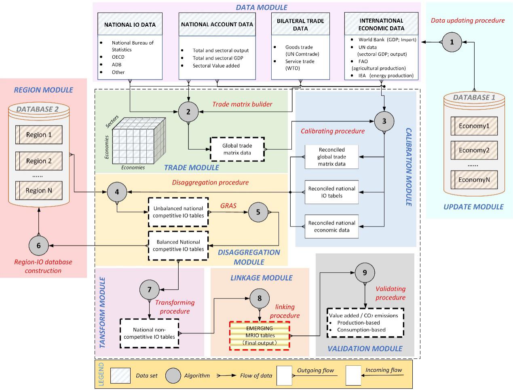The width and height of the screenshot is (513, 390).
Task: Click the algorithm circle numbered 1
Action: [452, 42]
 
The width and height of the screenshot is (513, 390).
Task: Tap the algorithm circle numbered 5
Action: [258, 212]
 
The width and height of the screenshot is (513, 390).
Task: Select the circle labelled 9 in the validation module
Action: [365, 272]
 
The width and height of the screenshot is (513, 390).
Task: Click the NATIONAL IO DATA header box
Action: [130, 24]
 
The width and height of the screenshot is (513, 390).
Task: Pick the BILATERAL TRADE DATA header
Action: [300, 24]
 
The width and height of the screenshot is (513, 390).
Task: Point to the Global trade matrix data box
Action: [237, 149]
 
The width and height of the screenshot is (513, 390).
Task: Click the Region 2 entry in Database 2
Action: [39, 161]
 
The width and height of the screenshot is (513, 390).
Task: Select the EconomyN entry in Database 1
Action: [474, 180]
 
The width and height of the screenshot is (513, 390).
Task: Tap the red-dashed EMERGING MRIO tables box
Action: [260, 335]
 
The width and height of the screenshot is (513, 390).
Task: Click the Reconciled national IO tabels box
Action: [331, 192]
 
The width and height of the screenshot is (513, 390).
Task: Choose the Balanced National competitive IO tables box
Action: [178, 246]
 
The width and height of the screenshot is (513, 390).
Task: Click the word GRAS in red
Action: [228, 206]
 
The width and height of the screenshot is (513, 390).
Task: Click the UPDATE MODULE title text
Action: [473, 207]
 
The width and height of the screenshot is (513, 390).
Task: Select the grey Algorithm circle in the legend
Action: [173, 375]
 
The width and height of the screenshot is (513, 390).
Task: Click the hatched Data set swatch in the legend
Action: [120, 375]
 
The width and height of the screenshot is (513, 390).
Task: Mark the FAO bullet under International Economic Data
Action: [363, 61]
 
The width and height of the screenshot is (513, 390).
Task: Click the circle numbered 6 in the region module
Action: [38, 246]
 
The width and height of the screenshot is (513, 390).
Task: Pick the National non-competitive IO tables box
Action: [150, 333]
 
